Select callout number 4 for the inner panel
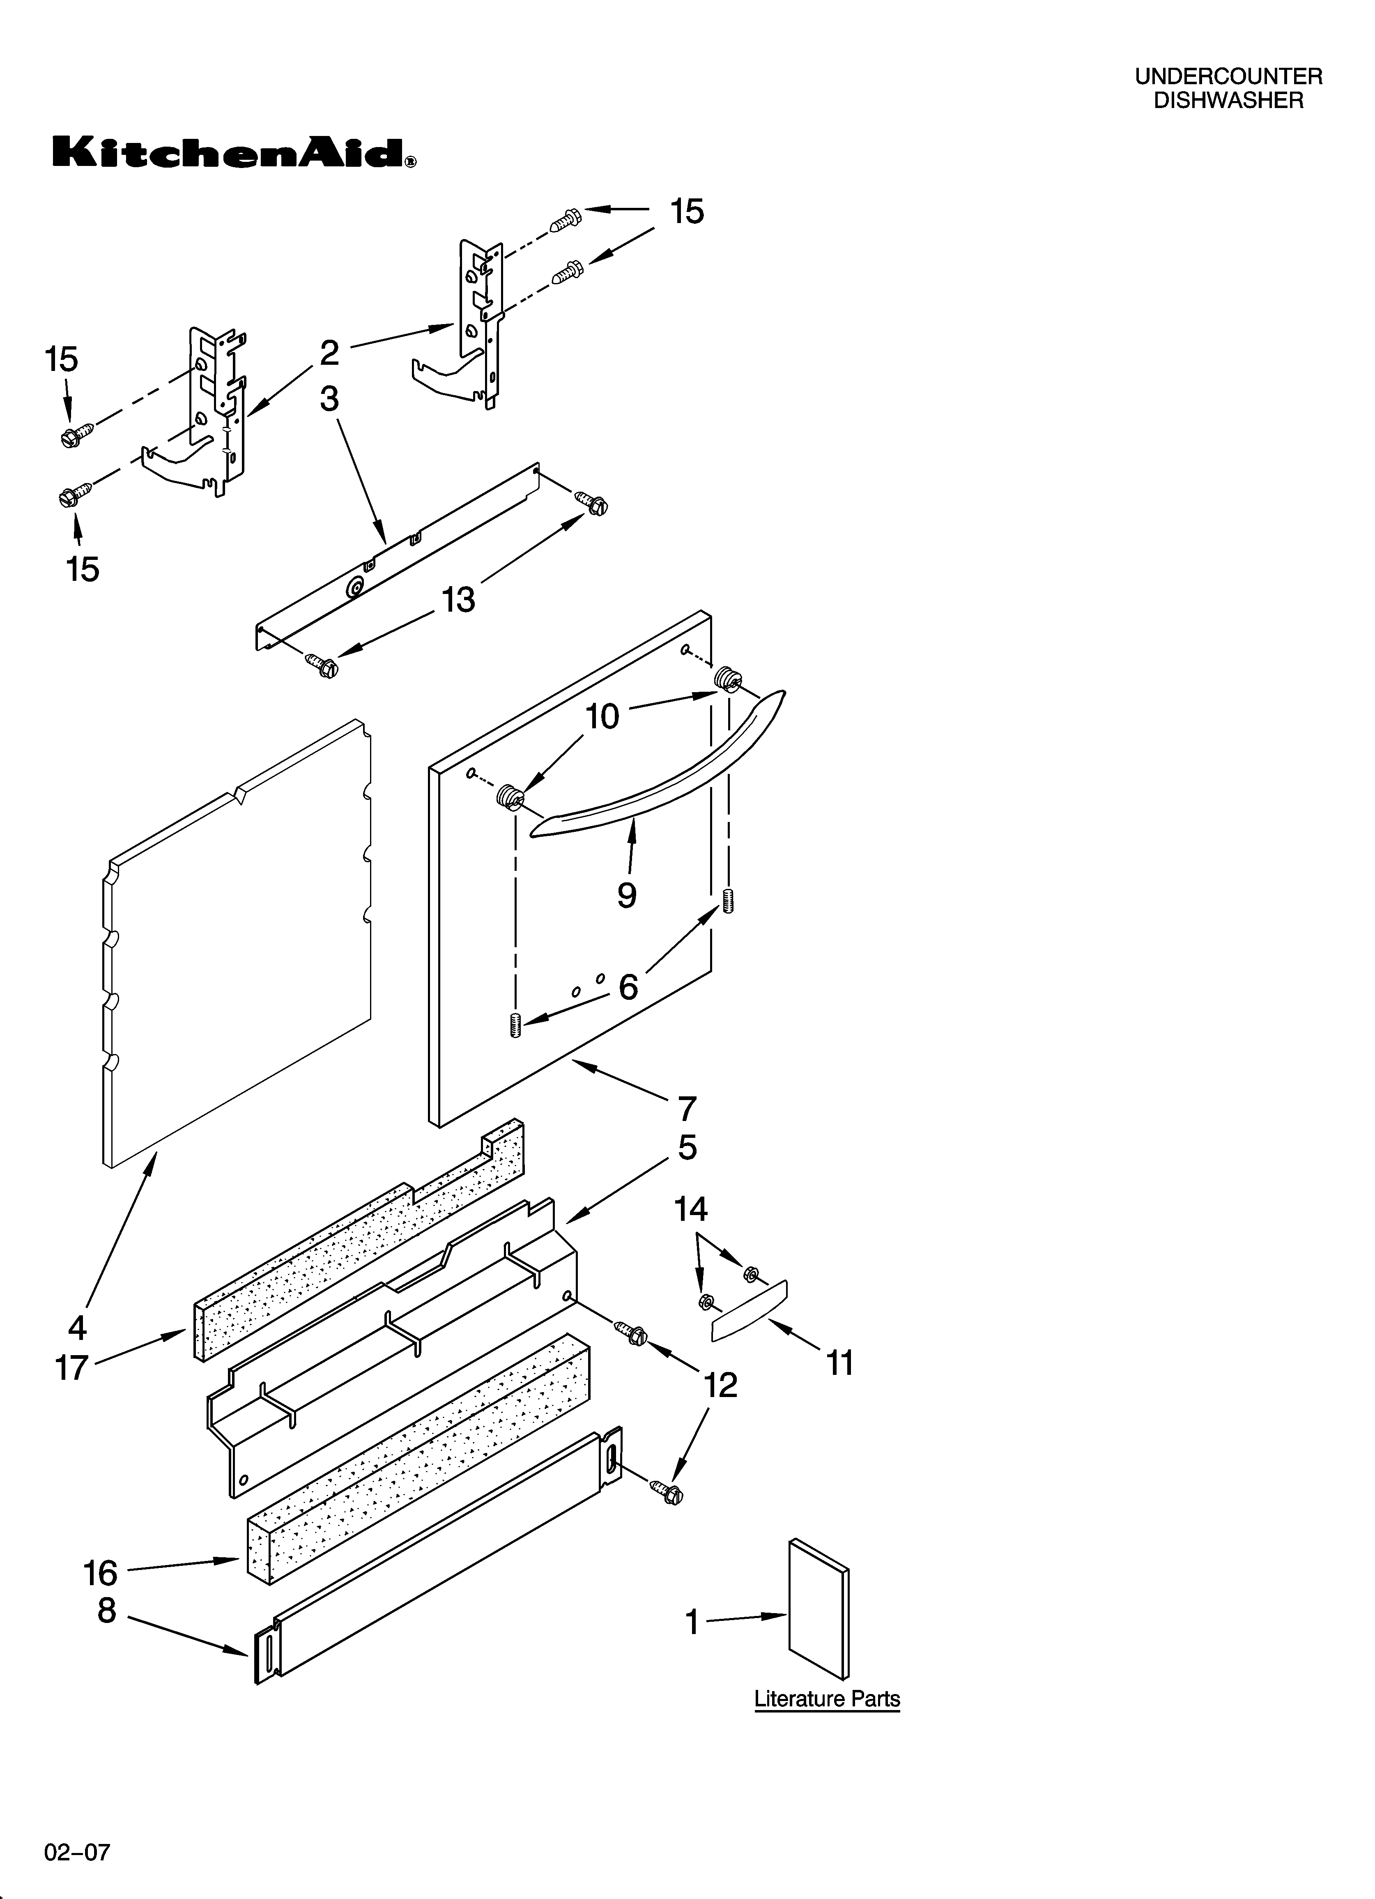coord(77,1327)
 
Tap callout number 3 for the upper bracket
coord(329,398)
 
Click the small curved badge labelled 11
coord(749,1310)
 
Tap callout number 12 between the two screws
coord(720,1386)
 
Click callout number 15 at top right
coord(687,212)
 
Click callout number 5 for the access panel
coord(687,1148)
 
